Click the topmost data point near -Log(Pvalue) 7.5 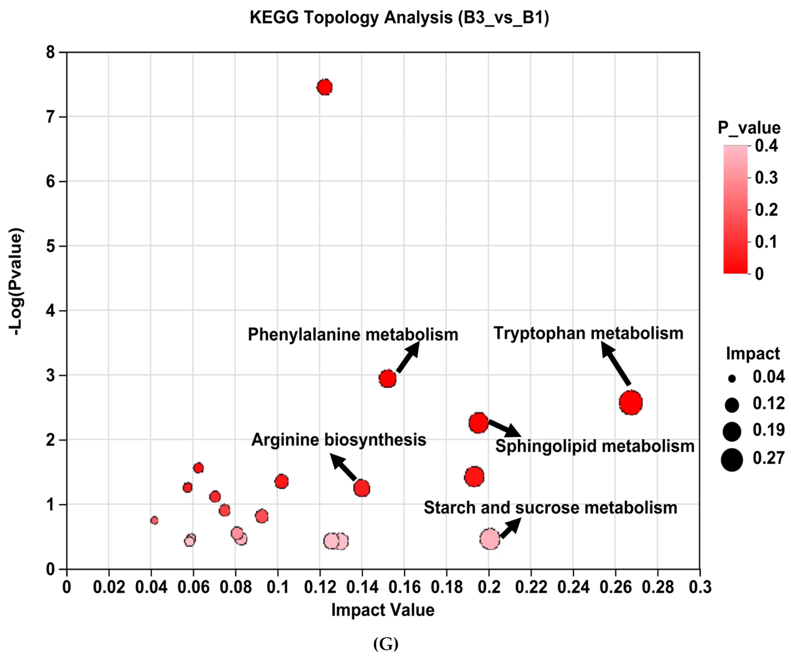coord(324,87)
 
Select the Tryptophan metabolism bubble coord(631,402)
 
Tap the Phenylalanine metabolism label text coord(353,335)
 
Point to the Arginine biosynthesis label coord(338,440)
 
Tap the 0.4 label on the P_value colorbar coord(766,146)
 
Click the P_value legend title coord(749,128)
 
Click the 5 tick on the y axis coord(51,246)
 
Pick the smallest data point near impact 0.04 coord(154,521)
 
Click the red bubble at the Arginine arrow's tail coord(362,488)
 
